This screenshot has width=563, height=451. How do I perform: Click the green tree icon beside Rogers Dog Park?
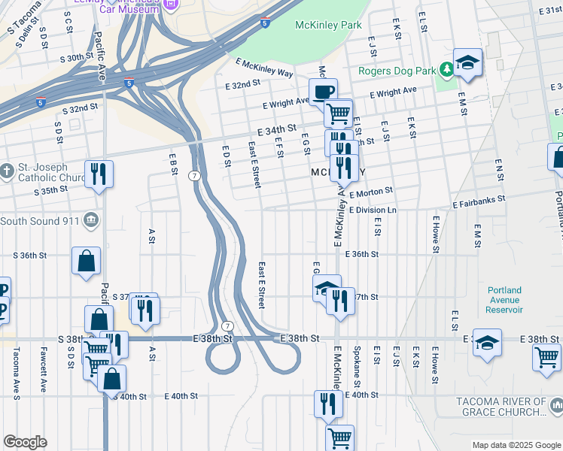tap(446, 70)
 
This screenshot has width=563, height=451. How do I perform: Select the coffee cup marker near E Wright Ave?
tap(323, 92)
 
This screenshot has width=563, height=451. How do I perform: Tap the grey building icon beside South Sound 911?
tap(91, 219)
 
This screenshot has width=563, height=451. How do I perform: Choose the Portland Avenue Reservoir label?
tap(504, 299)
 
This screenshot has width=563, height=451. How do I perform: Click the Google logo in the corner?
tap(25, 442)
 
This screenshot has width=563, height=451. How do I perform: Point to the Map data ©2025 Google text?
tap(516, 445)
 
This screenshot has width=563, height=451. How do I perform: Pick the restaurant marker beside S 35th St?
tap(99, 174)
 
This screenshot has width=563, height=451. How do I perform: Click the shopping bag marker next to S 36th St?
tap(87, 261)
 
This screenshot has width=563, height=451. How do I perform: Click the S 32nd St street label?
tap(81, 108)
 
